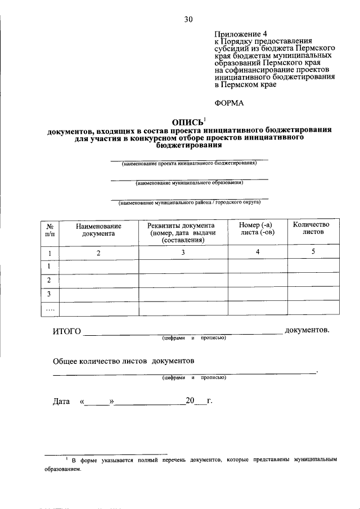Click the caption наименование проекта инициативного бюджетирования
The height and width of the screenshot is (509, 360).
[x=189, y=164]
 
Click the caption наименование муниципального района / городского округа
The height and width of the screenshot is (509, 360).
[x=189, y=202]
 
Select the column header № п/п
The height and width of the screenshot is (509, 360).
[x=49, y=229]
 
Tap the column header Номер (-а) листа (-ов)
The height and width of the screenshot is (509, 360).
[x=257, y=229]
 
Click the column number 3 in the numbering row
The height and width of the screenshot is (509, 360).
[x=183, y=253]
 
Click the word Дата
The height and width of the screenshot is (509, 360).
[x=61, y=402]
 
